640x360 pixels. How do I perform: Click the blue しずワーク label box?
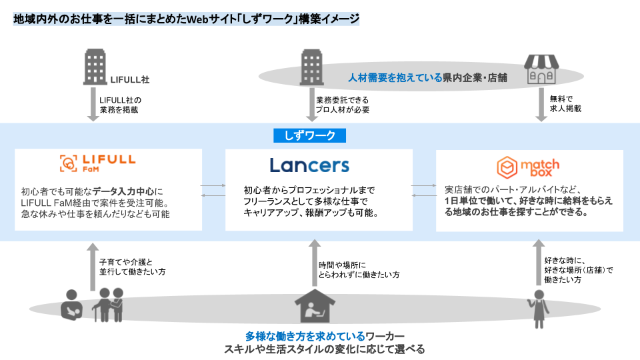(x=309, y=135)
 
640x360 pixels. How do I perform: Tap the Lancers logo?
(x=309, y=165)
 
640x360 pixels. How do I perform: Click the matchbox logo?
(x=529, y=167)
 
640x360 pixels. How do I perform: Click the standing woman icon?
(x=538, y=309)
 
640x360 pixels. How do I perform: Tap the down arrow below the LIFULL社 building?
(x=93, y=105)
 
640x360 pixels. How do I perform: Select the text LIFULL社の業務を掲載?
(x=120, y=105)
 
